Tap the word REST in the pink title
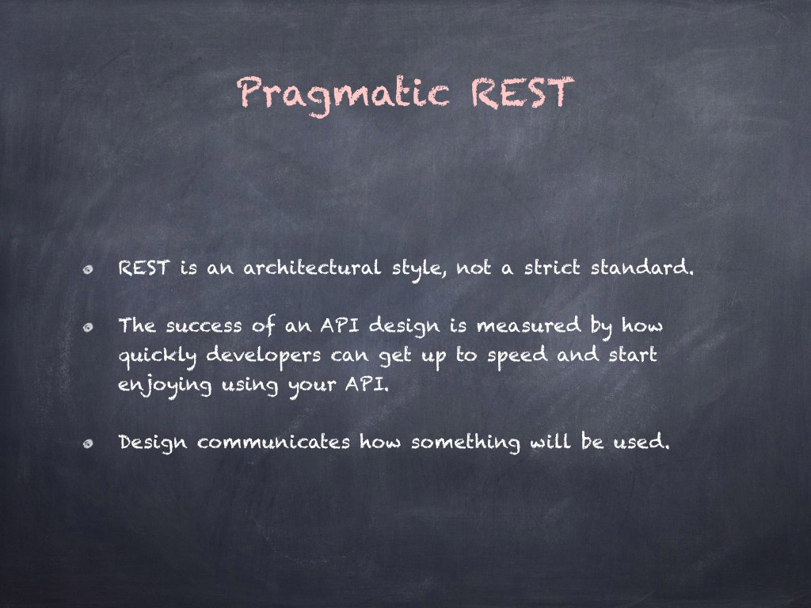(x=523, y=93)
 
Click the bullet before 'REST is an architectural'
(x=89, y=269)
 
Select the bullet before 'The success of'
(x=89, y=327)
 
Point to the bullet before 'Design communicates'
(x=89, y=443)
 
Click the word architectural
(x=312, y=268)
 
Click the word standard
(x=642, y=268)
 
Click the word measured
(x=528, y=325)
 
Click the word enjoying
(x=165, y=386)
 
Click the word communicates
(x=273, y=443)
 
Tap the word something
(x=466, y=443)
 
